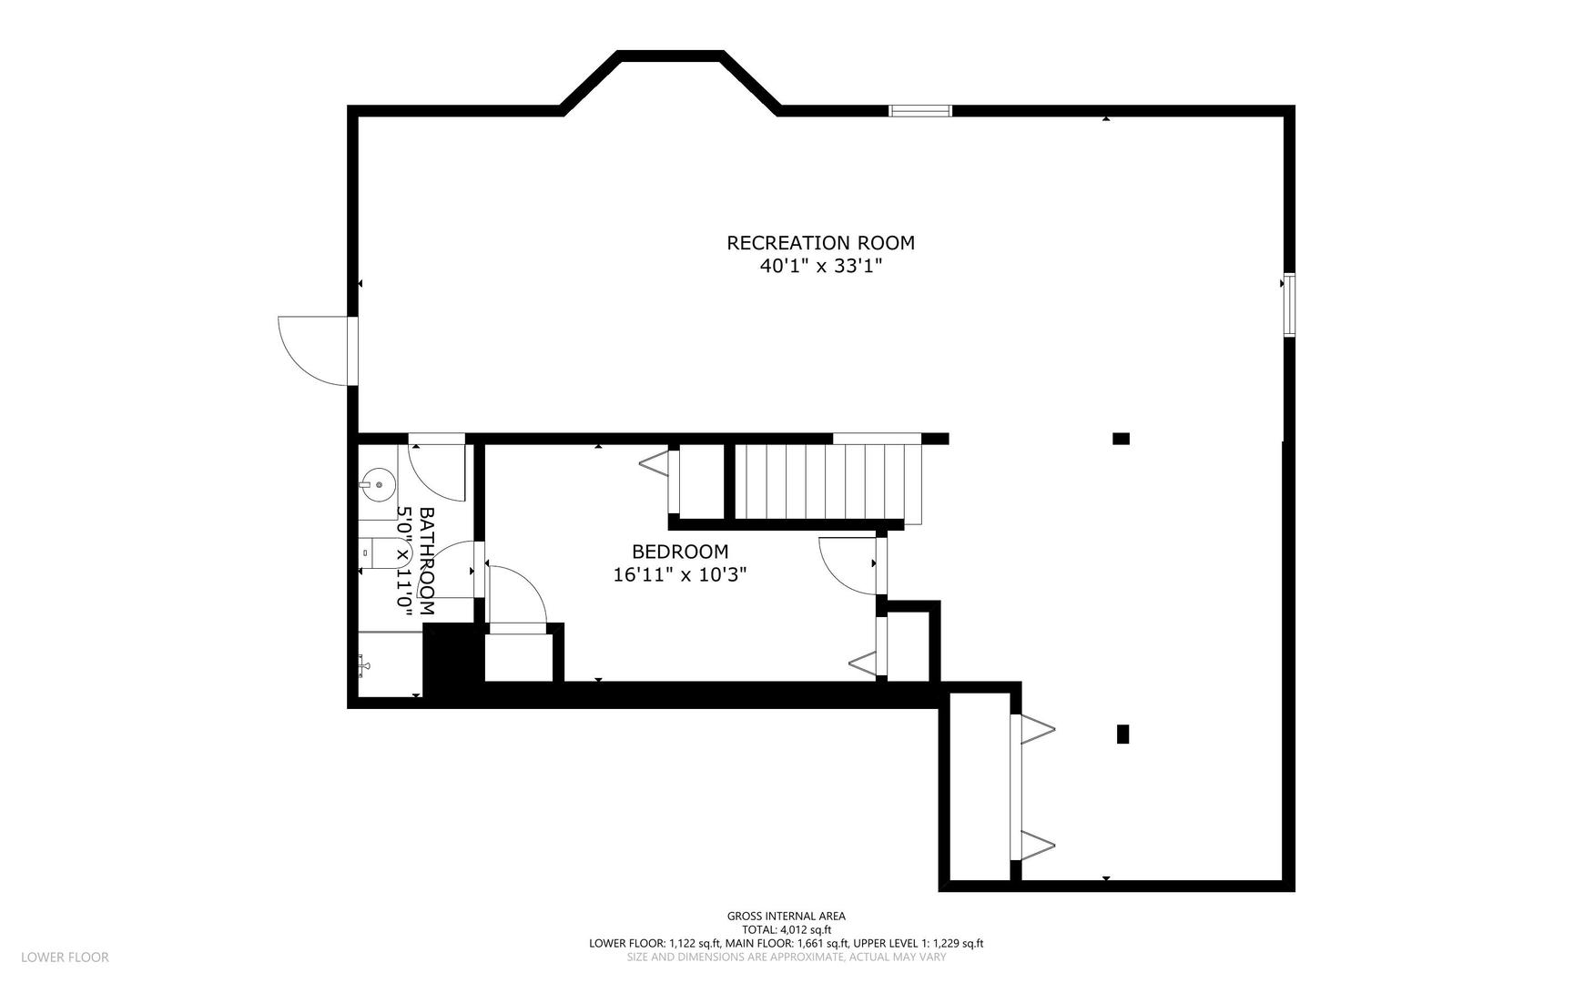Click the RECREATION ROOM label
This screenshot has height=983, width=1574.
(x=820, y=243)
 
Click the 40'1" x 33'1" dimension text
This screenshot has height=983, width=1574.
(x=821, y=267)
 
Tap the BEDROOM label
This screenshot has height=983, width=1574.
(x=680, y=552)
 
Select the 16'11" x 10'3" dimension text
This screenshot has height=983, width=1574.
(x=680, y=575)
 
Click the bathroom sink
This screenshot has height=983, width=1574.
(x=376, y=481)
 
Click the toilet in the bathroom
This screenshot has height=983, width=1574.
(x=387, y=552)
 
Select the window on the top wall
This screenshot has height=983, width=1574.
(x=919, y=111)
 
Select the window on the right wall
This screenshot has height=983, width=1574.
(x=1289, y=305)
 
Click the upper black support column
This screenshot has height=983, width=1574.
(x=1121, y=439)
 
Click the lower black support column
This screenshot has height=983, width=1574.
(x=1122, y=734)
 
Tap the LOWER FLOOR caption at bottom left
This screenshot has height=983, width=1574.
(x=65, y=957)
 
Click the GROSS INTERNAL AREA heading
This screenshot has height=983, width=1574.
(x=786, y=917)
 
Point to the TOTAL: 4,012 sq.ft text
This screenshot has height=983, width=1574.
(x=786, y=930)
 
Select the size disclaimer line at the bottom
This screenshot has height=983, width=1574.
(x=786, y=957)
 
